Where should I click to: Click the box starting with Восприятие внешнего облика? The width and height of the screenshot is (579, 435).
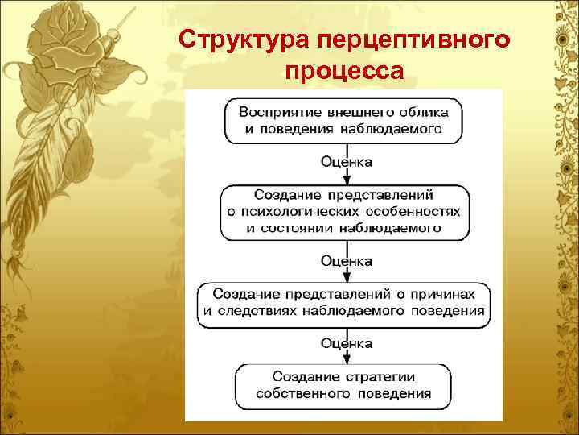pyautogui.click(x=343, y=120)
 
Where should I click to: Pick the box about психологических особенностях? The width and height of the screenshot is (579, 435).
pyautogui.click(x=343, y=211)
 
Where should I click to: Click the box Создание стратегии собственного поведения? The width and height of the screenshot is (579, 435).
pyautogui.click(x=343, y=386)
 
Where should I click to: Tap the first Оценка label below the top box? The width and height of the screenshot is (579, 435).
pyautogui.click(x=347, y=162)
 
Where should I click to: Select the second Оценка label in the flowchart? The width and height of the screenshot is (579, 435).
pyautogui.click(x=347, y=260)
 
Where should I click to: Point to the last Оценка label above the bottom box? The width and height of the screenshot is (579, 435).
pyautogui.click(x=347, y=344)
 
